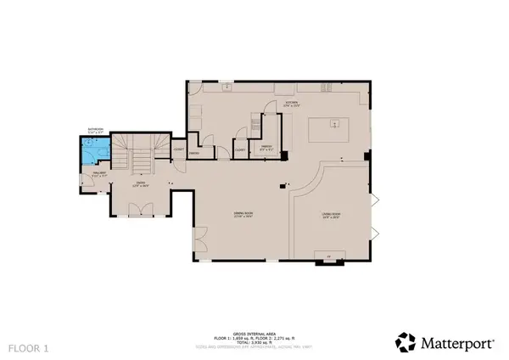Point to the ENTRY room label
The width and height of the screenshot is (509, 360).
tap(137, 183)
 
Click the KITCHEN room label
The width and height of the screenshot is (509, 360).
tap(293, 103)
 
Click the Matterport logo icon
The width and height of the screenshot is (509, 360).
tap(406, 341)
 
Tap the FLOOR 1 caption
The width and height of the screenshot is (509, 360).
tap(28, 347)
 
